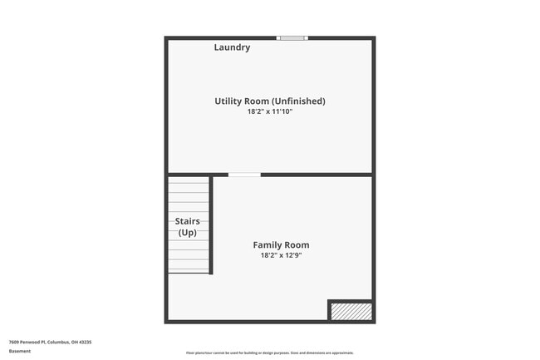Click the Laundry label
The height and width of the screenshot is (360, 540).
(x=232, y=47)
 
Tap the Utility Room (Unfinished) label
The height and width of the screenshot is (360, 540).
(x=270, y=101)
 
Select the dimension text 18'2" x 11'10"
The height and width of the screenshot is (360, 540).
(x=270, y=111)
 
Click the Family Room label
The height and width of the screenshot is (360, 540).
(x=281, y=245)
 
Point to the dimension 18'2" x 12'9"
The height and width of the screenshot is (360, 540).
(x=281, y=256)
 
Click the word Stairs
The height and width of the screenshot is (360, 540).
(x=188, y=221)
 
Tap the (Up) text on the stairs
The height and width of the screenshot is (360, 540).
(x=188, y=233)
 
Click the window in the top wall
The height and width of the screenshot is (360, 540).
(x=292, y=37)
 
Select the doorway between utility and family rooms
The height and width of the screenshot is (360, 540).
(x=244, y=175)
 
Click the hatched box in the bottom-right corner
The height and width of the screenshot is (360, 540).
(x=351, y=312)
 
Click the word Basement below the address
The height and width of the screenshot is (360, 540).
(x=20, y=351)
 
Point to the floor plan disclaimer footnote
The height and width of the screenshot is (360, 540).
(x=270, y=353)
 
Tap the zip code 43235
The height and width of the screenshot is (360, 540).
(x=85, y=342)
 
